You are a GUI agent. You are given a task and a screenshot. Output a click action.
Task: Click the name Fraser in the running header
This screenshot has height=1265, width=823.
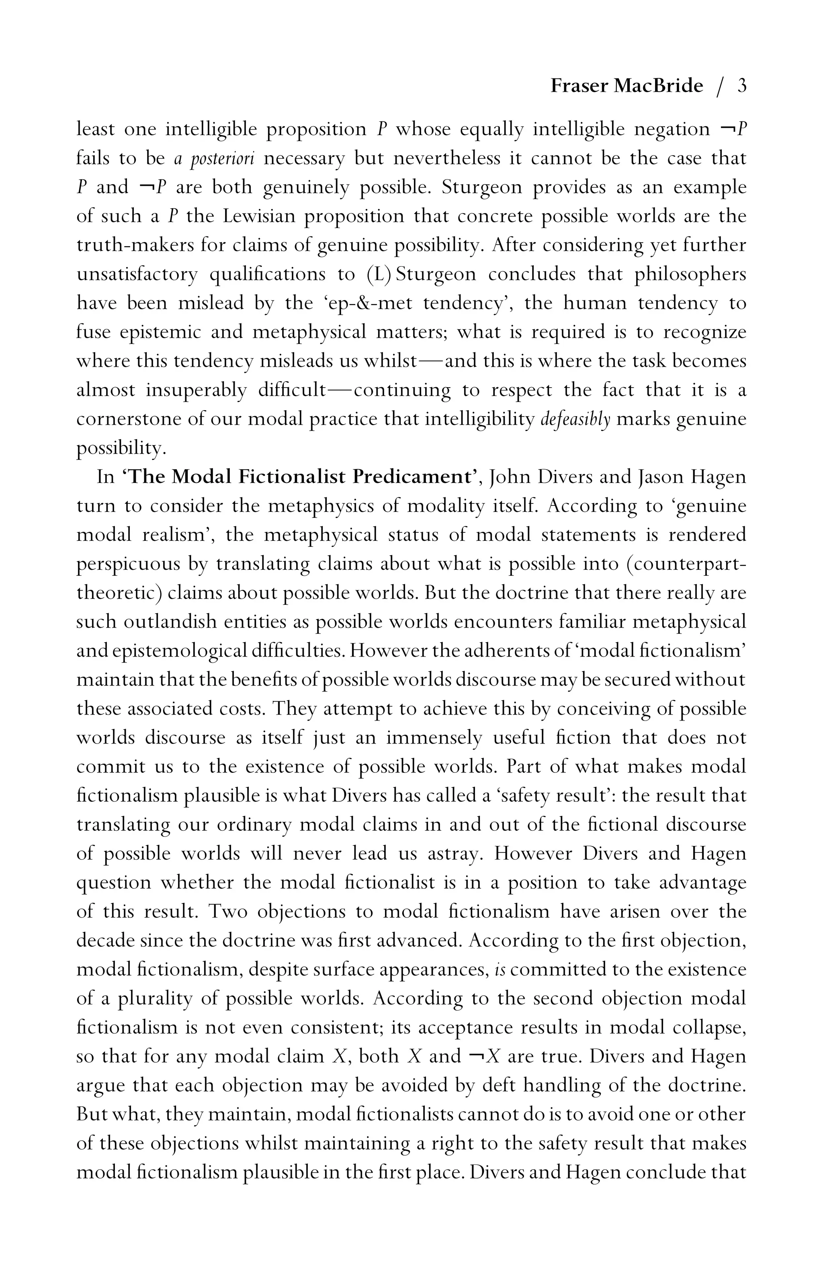[579, 86]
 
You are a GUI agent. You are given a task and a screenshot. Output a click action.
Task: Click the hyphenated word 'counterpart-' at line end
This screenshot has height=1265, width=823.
[686, 564]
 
